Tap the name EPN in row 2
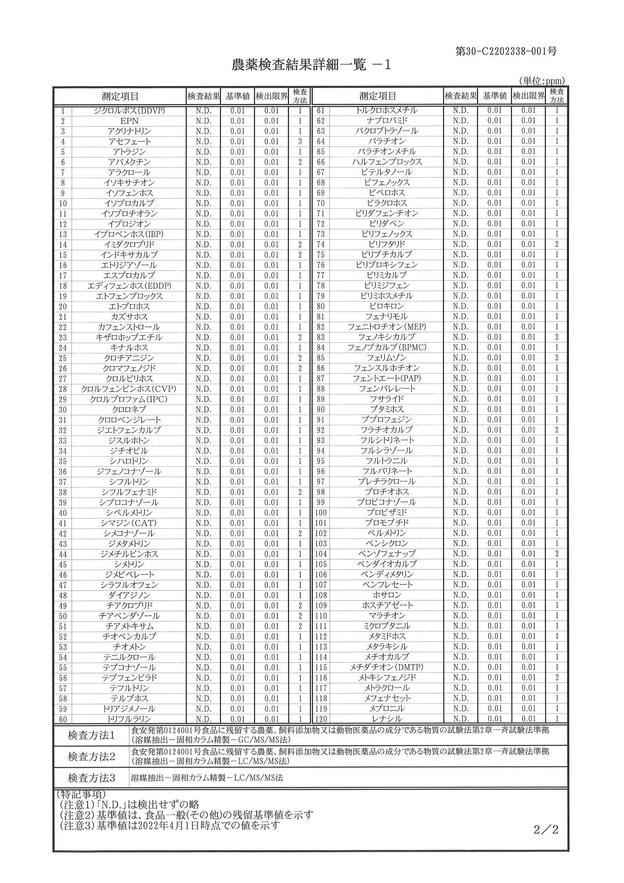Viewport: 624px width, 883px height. [x=129, y=121]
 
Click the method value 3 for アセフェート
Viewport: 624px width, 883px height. [x=300, y=142]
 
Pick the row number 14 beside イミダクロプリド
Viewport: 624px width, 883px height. [x=63, y=245]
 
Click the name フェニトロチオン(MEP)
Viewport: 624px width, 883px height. [x=387, y=327]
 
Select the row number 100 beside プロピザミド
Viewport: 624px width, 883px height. [x=321, y=513]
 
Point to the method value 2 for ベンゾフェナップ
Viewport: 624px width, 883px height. [x=557, y=554]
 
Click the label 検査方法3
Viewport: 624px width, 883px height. [x=91, y=778]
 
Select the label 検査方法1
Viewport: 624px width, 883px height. [x=91, y=736]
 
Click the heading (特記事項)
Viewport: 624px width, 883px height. [x=81, y=794]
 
